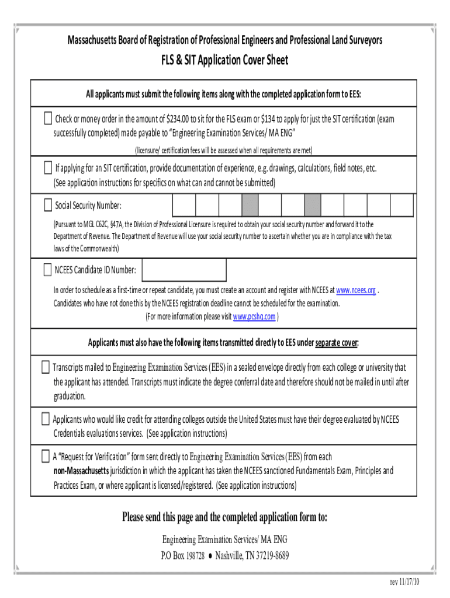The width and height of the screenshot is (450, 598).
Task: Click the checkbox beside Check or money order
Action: pos(48,119)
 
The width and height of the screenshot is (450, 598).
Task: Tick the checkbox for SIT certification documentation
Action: pos(48,169)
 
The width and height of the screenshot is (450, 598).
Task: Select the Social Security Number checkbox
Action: pos(48,205)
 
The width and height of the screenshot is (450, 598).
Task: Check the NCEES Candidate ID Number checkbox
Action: pos(48,269)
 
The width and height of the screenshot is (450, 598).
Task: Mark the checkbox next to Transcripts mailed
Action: pos(46,367)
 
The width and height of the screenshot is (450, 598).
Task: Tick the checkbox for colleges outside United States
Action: pos(46,419)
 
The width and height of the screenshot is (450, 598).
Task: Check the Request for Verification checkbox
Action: pos(46,456)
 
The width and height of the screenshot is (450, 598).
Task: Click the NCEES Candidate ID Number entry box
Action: pos(184,269)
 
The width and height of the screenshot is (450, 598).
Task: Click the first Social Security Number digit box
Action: pos(184,205)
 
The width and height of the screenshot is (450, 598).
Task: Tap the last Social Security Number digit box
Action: pos(401,205)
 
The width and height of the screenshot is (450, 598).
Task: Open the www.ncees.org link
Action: pos(356,290)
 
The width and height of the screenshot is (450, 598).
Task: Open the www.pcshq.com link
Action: pos(254,317)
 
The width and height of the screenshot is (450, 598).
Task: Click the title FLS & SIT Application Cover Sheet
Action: pos(225,60)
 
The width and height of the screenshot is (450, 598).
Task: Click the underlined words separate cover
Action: pos(336,342)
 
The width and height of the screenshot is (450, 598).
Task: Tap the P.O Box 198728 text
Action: pos(182,555)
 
